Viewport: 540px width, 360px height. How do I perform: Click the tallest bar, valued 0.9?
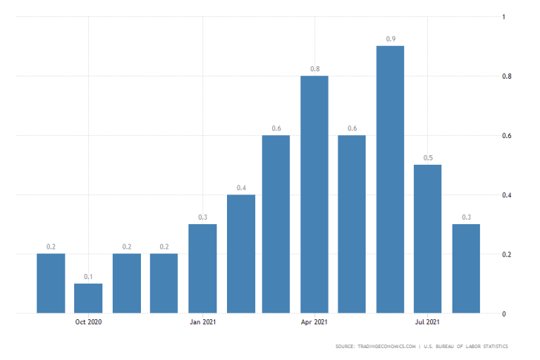(x=390, y=180)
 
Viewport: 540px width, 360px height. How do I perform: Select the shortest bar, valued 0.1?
(x=88, y=298)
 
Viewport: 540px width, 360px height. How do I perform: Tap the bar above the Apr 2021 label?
(x=315, y=194)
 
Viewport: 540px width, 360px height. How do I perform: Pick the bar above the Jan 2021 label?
(x=202, y=269)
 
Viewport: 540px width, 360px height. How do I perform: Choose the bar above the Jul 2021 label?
(x=427, y=239)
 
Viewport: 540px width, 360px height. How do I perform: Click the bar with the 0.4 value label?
(x=241, y=254)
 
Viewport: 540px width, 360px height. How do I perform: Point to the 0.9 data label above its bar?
(x=390, y=39)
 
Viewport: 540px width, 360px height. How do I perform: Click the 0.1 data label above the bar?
(x=88, y=276)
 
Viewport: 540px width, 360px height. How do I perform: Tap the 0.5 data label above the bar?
(x=427, y=157)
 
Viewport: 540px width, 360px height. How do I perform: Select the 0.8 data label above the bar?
(x=315, y=68)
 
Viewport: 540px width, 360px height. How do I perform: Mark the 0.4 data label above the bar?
(x=241, y=187)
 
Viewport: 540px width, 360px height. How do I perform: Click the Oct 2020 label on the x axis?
(x=88, y=322)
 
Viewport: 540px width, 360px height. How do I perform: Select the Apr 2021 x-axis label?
(x=315, y=322)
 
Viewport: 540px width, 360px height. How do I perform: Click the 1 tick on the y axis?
(x=504, y=16)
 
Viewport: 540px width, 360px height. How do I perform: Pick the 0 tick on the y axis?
(x=504, y=314)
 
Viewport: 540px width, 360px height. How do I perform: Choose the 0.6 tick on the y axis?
(x=507, y=136)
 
